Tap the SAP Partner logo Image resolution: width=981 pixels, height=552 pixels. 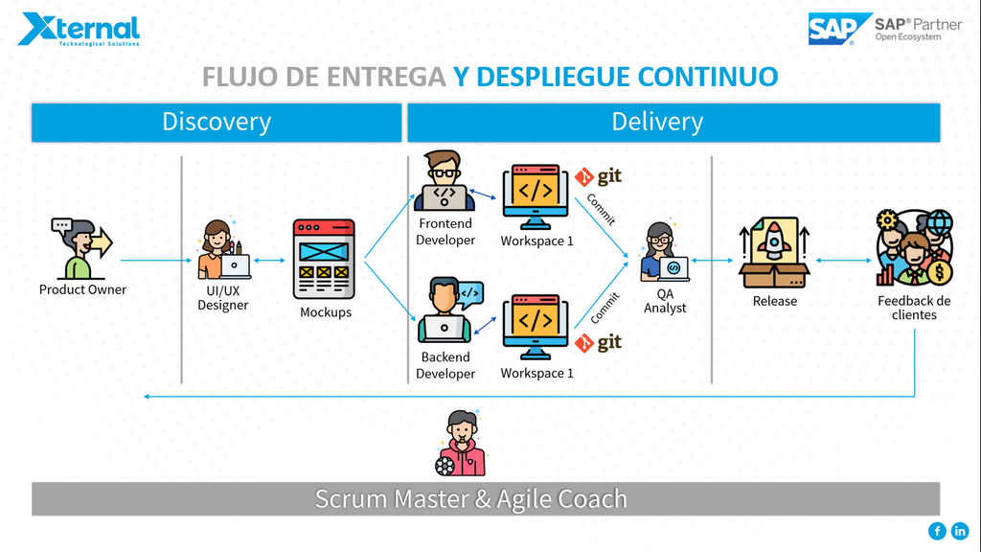coord(883,29)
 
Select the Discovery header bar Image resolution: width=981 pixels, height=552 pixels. coord(217,123)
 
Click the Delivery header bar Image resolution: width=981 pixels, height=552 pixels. coord(657,123)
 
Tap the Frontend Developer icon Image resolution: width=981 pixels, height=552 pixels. coord(445,181)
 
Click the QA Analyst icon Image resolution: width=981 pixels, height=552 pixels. coord(665,252)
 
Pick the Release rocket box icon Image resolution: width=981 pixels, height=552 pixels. coord(774,252)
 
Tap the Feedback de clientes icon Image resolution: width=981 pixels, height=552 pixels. coord(913,249)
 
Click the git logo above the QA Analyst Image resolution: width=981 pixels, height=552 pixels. coord(599,177)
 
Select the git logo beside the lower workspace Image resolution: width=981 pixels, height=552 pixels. coord(599,342)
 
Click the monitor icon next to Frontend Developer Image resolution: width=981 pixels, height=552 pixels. coord(536,198)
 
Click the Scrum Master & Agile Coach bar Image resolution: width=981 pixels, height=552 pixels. coord(485,499)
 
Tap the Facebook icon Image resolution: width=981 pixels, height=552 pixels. coord(937,531)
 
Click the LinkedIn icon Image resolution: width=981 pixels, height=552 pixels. coord(960,531)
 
